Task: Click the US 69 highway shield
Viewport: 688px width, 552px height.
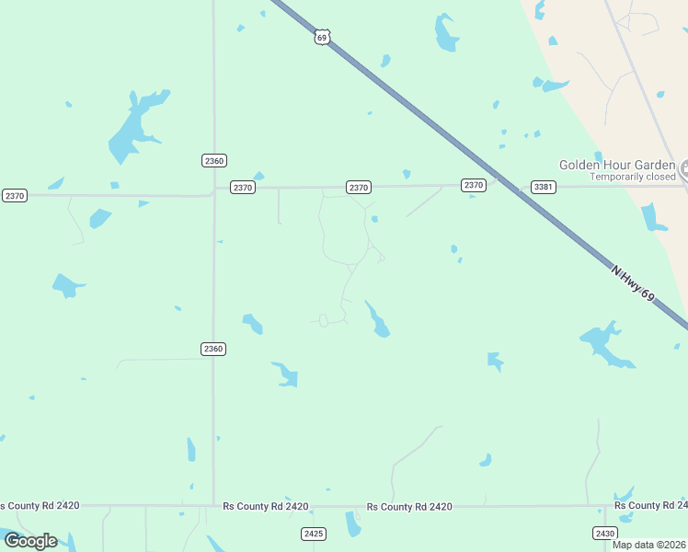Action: point(321,37)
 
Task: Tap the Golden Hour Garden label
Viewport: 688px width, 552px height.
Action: point(618,165)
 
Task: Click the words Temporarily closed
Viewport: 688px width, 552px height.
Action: point(633,177)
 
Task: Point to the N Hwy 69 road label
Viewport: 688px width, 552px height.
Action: point(635,282)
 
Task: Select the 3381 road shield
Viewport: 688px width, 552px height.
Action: point(544,187)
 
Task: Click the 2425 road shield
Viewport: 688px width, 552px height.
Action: point(314,534)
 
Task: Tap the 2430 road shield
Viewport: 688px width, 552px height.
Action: point(604,534)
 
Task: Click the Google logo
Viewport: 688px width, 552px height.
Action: point(30,540)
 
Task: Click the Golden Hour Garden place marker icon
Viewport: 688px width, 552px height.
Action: point(685,167)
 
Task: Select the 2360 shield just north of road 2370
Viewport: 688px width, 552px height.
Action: point(213,160)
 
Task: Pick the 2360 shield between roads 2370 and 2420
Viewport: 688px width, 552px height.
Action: point(213,349)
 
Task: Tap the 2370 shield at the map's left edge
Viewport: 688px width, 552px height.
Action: point(14,195)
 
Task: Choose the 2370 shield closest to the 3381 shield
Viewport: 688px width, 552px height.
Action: point(474,186)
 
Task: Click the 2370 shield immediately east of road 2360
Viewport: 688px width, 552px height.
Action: point(242,187)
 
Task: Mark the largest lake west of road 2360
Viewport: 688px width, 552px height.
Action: point(133,129)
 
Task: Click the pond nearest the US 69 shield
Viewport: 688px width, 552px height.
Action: point(386,61)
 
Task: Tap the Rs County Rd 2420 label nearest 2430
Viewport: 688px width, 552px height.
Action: point(649,506)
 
